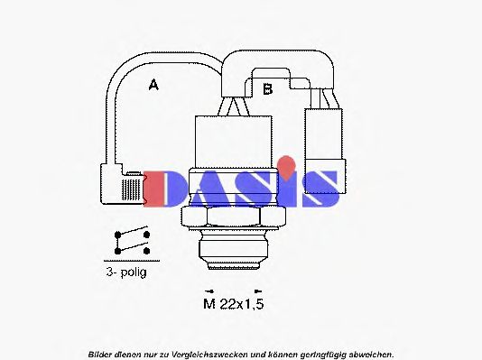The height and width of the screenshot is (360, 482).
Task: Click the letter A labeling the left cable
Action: [153, 85]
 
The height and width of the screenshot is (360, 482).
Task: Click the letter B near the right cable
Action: [267, 88]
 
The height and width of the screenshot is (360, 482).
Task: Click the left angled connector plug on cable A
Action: [123, 186]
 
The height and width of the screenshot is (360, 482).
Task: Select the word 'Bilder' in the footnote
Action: [101, 353]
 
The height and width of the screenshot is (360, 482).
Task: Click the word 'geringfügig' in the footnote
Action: [320, 353]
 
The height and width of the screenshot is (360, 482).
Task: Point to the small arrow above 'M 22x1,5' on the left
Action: [209, 290]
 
